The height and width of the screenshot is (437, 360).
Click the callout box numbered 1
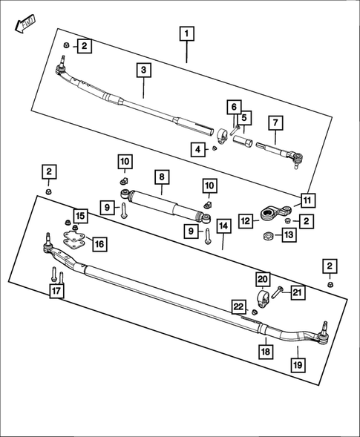coord(186,33)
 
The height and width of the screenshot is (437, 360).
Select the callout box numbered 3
coord(144,70)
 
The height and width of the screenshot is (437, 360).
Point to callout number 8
coord(163,177)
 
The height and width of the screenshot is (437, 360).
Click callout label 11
coord(306,200)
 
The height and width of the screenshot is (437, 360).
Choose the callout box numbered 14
coord(222,225)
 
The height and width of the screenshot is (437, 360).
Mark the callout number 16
coord(99,243)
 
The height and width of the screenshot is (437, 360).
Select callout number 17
coord(56,292)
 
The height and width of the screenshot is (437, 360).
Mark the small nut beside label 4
coord(215,148)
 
